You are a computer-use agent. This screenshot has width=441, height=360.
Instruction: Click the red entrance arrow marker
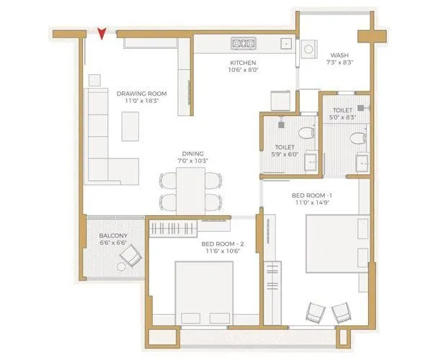[x=103, y=32]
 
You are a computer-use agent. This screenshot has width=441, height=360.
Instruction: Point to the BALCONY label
[x=113, y=235]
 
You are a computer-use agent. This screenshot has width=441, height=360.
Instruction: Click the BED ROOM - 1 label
[x=311, y=195]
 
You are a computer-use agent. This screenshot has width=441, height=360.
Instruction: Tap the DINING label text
[x=192, y=153]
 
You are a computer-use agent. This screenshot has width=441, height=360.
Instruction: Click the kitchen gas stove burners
[x=242, y=44]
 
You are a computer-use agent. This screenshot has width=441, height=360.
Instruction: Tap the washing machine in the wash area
[x=310, y=50]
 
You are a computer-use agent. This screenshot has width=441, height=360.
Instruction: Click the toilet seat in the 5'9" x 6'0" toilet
[x=305, y=132]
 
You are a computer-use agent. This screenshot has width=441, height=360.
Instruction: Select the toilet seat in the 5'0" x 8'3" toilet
[x=357, y=138]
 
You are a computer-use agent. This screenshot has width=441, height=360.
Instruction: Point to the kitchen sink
[x=286, y=45]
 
